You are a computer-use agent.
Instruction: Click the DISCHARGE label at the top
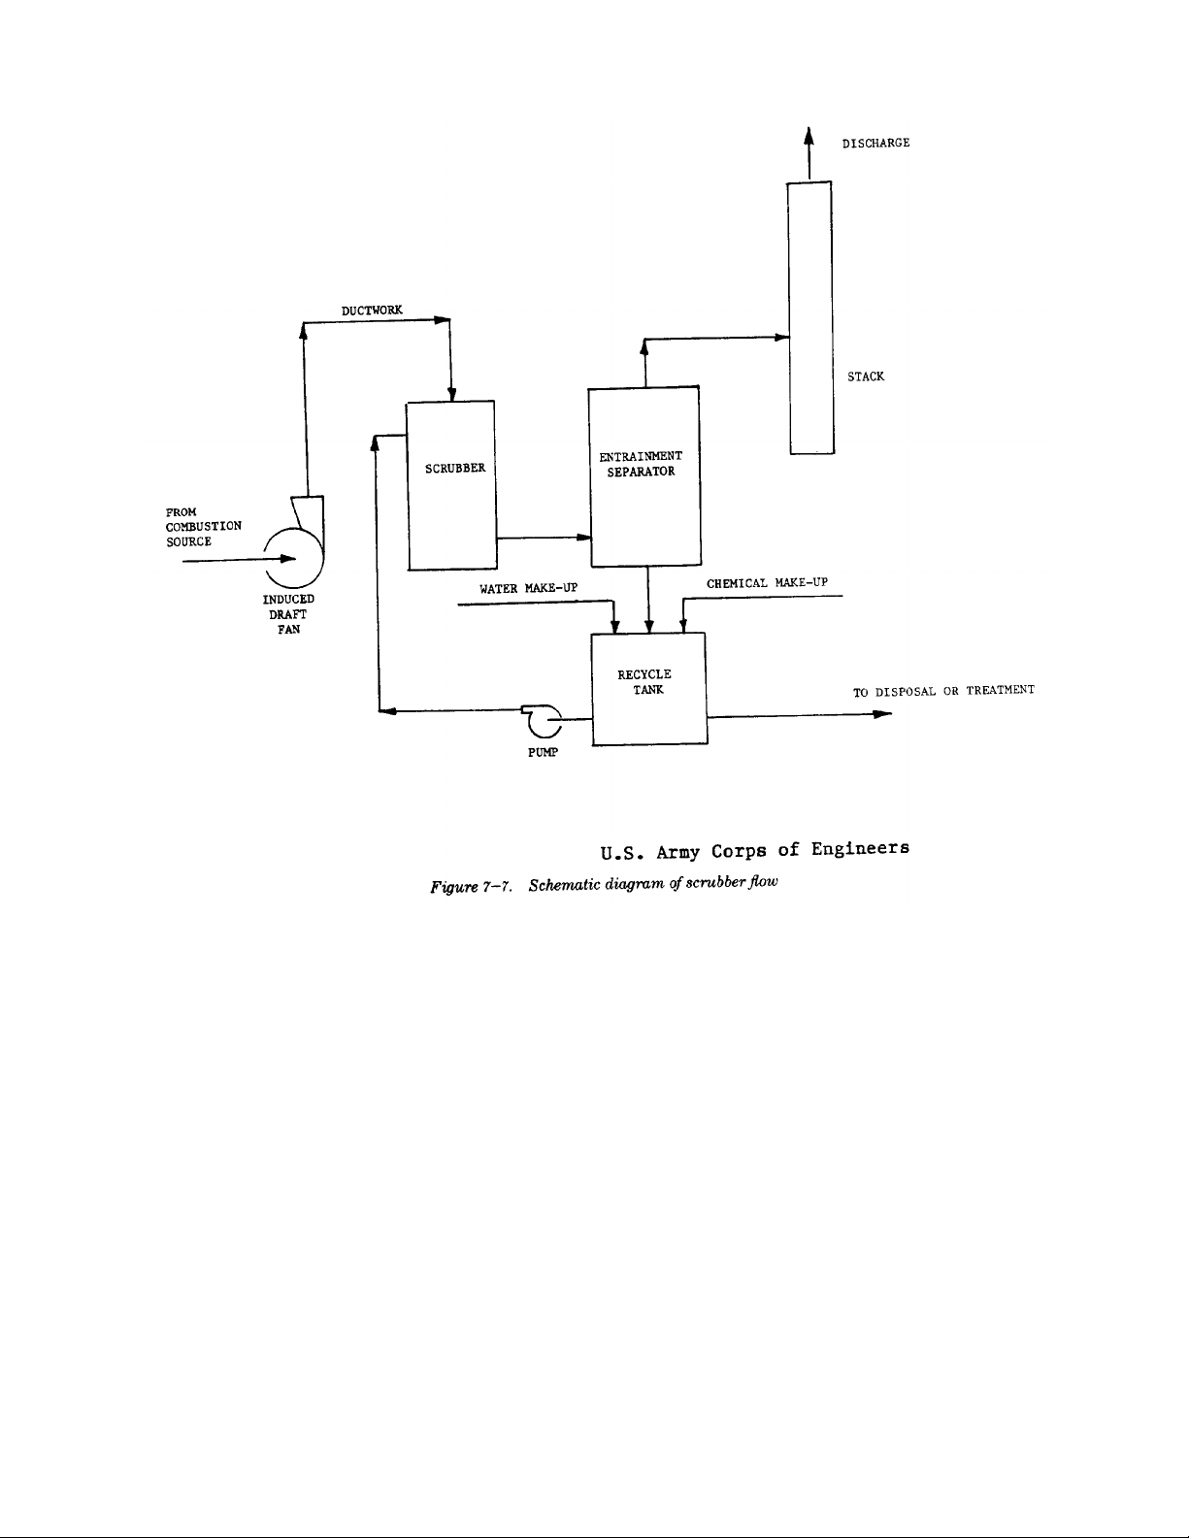[875, 143]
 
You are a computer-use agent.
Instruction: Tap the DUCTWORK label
[372, 310]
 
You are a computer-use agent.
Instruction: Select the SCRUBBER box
[451, 484]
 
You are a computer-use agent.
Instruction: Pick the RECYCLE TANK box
[648, 688]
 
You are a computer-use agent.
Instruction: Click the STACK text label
[866, 376]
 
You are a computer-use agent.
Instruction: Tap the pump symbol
[543, 720]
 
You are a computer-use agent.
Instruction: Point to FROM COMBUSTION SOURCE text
[203, 526]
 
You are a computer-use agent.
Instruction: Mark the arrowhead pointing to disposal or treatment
[881, 715]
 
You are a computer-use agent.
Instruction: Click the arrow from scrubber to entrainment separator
[543, 538]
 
